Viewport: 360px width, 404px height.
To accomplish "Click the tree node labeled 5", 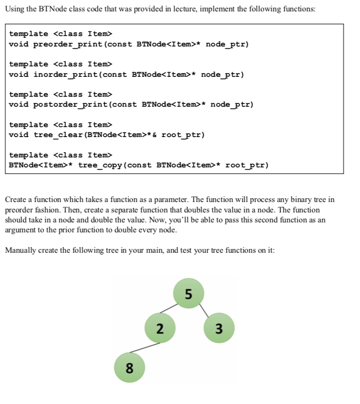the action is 189,294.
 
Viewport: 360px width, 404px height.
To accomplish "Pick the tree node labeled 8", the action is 129,367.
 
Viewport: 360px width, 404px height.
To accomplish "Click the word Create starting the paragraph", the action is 15,199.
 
